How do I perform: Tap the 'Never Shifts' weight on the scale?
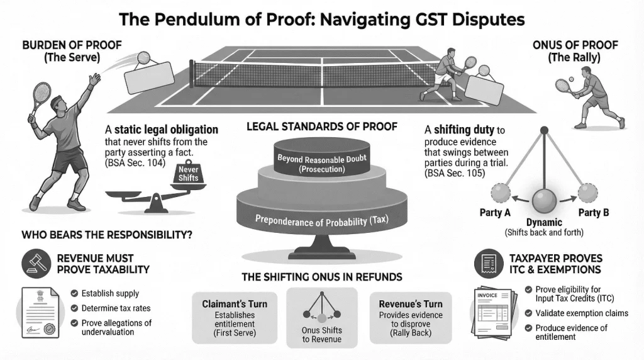pyautogui.click(x=187, y=172)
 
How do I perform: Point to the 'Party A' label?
pyautogui.click(x=495, y=213)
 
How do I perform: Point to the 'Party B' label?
pyautogui.click(x=594, y=213)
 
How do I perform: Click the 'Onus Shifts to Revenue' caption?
pyautogui.click(x=322, y=334)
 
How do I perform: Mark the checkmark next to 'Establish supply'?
pyautogui.click(x=74, y=293)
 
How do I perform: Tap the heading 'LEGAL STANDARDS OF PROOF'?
pyautogui.click(x=322, y=127)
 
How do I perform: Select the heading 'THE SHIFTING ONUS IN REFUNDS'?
pyautogui.click(x=322, y=277)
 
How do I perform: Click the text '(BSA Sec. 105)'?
pyautogui.click(x=455, y=173)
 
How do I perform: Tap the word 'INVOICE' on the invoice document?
pyautogui.click(x=487, y=294)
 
